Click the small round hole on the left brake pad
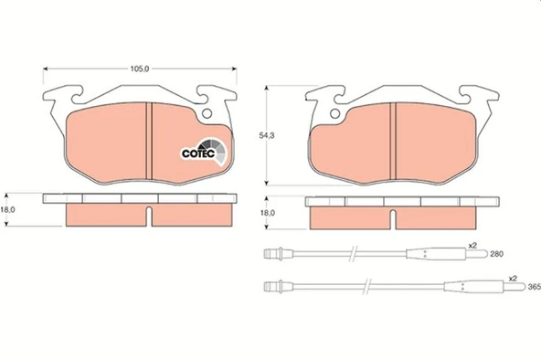click(x=207, y=115)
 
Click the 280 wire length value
click(x=496, y=254)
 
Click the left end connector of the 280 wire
click(x=269, y=254)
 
